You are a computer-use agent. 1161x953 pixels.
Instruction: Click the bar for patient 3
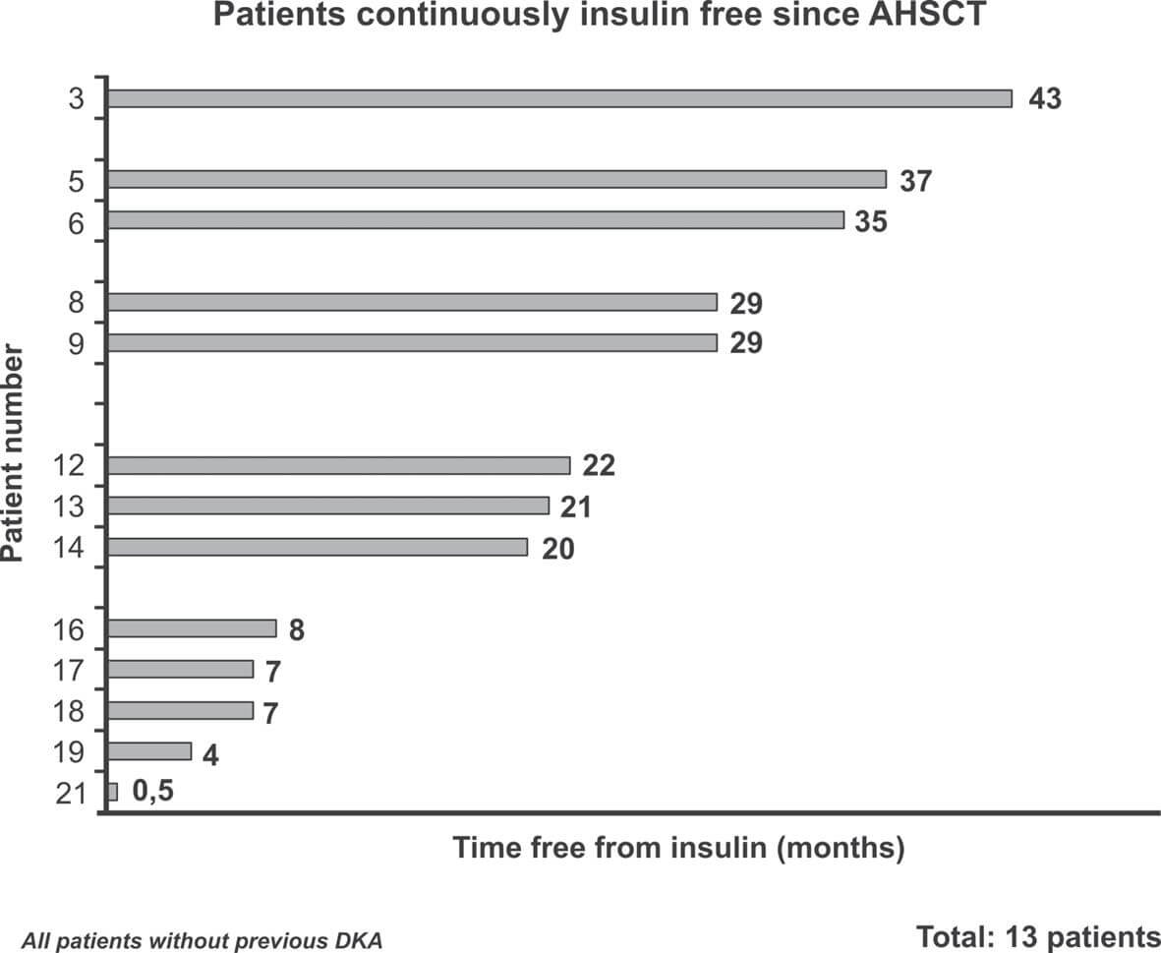(559, 98)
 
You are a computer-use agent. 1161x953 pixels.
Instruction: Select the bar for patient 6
(476, 220)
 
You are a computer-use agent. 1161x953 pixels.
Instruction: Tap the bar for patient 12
(339, 465)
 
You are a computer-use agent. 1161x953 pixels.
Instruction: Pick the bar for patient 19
(149, 751)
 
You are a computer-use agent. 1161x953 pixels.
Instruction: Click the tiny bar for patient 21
(113, 792)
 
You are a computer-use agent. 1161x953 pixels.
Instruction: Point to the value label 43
(1045, 99)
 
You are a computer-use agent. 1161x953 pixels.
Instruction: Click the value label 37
(915, 181)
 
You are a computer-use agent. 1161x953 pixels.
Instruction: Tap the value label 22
(599, 465)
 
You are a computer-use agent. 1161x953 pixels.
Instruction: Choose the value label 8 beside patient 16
(296, 629)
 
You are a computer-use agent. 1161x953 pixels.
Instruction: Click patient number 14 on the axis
(72, 549)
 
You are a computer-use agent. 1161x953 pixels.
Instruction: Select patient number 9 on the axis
(77, 344)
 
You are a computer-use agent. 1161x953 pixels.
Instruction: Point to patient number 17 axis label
(72, 671)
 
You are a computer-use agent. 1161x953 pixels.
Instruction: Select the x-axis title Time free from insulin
(678, 848)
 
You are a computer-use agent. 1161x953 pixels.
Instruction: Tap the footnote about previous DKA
(202, 940)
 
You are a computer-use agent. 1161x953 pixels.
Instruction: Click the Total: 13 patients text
(1038, 935)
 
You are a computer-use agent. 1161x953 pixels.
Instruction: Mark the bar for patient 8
(412, 302)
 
